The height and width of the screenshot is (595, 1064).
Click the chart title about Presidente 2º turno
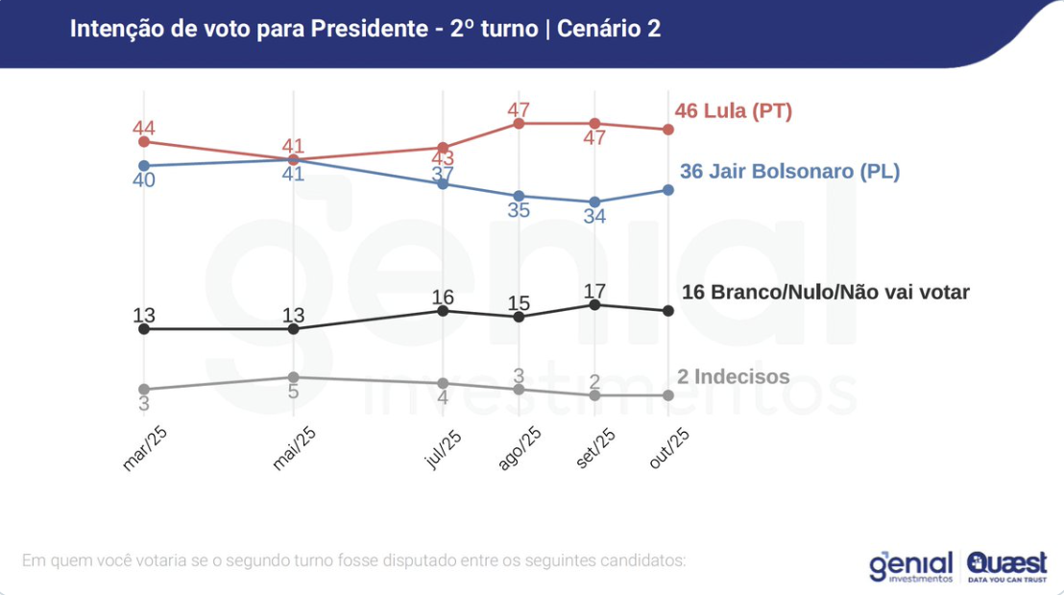365,29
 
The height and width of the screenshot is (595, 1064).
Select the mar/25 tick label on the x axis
145,449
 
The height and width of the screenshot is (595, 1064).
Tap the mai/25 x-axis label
294,449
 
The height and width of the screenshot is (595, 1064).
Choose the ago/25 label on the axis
520,449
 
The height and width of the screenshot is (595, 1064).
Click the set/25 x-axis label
595,449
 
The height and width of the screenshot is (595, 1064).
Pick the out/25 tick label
669,449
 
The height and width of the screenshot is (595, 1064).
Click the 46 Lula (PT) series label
734,110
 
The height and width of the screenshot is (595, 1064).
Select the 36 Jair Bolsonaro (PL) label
789,172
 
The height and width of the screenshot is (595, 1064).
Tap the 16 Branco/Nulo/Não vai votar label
825,293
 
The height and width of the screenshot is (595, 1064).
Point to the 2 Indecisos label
733,377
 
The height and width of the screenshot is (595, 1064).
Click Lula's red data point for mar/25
144,141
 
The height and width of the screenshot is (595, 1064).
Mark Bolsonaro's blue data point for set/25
594,202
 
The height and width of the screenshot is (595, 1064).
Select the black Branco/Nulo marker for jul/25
443,310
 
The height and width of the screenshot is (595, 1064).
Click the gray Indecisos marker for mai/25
294,377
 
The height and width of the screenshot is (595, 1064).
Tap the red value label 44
144,128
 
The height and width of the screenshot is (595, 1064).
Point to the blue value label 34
594,217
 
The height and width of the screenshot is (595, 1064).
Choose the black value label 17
594,290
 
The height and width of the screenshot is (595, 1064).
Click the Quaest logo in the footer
1007,566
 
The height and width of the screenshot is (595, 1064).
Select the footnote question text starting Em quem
353,559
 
